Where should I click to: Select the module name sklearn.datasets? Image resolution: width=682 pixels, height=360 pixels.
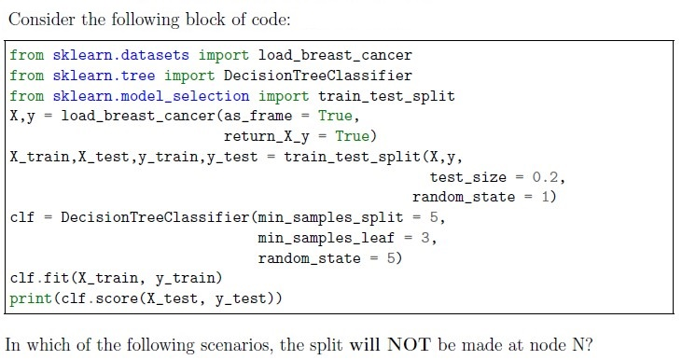point(121,55)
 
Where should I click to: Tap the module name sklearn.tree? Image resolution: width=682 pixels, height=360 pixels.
point(104,76)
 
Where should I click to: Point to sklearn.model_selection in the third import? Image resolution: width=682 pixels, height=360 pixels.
point(151,96)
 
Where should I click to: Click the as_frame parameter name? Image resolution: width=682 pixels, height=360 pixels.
point(257,116)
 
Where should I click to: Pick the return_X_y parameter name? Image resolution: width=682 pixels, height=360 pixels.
point(267,136)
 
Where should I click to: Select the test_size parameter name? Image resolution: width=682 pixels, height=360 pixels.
point(468,177)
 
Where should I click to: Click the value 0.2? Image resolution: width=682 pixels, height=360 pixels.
point(545,177)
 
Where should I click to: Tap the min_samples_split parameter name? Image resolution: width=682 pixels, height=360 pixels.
point(330,217)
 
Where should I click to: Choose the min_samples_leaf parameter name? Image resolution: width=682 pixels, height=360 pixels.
point(327,238)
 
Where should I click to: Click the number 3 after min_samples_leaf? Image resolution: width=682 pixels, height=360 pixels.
point(425,238)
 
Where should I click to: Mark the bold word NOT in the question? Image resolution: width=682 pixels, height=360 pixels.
point(409,345)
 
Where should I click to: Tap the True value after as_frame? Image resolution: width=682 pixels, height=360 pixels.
point(335,116)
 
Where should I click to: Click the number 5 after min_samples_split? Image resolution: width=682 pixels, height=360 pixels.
point(434,217)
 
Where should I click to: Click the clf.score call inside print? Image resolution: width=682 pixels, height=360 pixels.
point(100,298)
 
